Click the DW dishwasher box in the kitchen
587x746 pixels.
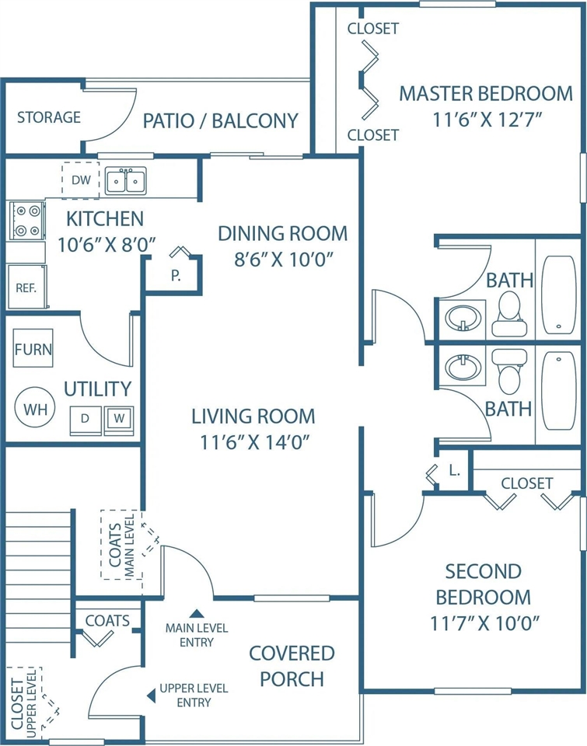coord(80,180)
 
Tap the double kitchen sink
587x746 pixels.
coord(126,181)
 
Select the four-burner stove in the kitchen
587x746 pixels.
coord(27,220)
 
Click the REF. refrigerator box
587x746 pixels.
coord(27,287)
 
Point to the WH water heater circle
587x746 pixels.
coord(35,408)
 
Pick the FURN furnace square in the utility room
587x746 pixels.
coord(33,348)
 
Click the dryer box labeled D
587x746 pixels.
coord(86,420)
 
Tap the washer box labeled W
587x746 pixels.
coord(119,420)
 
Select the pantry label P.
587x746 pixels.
coord(176,275)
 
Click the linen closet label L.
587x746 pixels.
coord(455,471)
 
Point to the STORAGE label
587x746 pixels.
coord(49,117)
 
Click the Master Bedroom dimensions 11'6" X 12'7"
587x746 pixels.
coord(487,120)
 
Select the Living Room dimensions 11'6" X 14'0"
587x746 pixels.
coord(255,442)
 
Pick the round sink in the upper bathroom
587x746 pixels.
coord(463,317)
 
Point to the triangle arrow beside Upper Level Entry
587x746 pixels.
coord(152,695)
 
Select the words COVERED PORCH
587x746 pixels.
coord(292,666)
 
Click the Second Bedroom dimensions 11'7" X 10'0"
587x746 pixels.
coord(485,622)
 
